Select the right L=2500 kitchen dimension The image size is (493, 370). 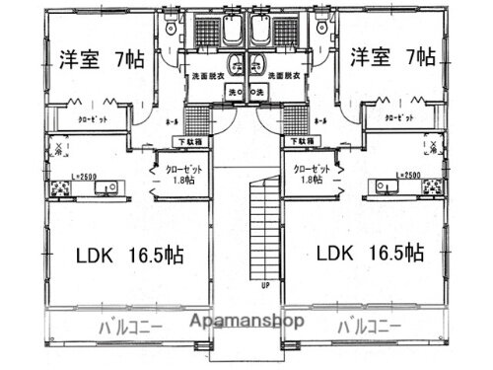point(407,175)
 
